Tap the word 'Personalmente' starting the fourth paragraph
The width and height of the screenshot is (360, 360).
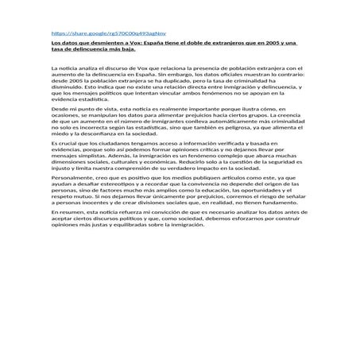coord(72,201)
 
